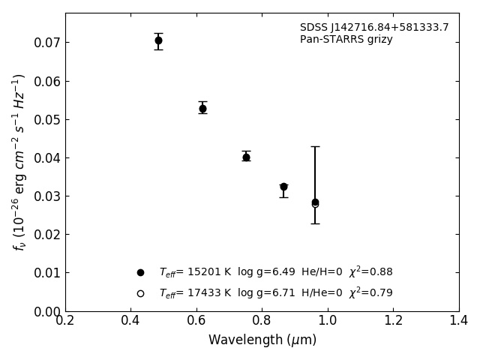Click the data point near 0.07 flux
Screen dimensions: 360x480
point(158,40)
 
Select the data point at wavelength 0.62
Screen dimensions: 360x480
point(202,109)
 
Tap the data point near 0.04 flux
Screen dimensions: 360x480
point(246,157)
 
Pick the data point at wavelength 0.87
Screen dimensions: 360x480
point(283,187)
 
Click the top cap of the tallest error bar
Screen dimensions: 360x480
point(315,146)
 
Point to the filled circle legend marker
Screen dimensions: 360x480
point(140,272)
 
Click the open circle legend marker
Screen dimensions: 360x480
point(140,293)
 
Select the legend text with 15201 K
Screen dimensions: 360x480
point(275,272)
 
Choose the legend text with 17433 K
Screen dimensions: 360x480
point(275,293)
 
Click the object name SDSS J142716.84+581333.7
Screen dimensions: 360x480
point(374,28)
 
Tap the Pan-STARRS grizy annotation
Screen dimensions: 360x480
point(346,40)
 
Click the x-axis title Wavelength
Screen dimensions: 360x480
point(262,340)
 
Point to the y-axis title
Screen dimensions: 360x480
point(19,161)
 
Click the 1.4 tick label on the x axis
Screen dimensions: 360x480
point(458,321)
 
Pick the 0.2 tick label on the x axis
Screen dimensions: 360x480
point(65,321)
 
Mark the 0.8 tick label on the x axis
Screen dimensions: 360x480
point(262,321)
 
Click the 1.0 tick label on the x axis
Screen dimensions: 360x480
point(328,321)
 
